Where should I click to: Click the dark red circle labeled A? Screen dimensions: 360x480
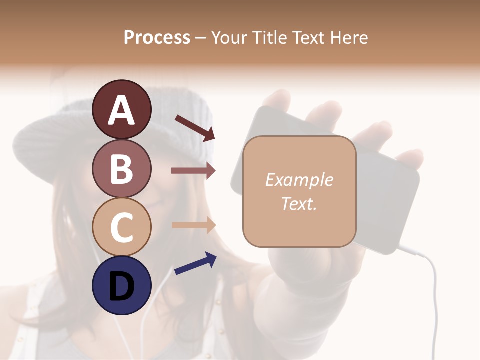click(x=121, y=109)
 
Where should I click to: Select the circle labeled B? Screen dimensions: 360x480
click(x=121, y=168)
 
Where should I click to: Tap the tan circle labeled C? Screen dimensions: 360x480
click(x=121, y=227)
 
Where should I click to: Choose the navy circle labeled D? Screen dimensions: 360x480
click(x=121, y=285)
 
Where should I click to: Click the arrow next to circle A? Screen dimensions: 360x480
click(x=194, y=128)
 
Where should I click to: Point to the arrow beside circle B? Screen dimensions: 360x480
click(x=193, y=171)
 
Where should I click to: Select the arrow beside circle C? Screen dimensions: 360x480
click(x=193, y=225)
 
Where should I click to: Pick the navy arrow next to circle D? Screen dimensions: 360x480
click(x=195, y=263)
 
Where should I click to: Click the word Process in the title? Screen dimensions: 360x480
click(x=157, y=37)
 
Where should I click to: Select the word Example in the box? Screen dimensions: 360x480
click(x=299, y=180)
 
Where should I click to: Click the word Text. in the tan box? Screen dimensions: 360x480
click(x=299, y=203)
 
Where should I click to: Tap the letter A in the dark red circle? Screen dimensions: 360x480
click(x=121, y=110)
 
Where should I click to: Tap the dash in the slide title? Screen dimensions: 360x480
click(x=200, y=38)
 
